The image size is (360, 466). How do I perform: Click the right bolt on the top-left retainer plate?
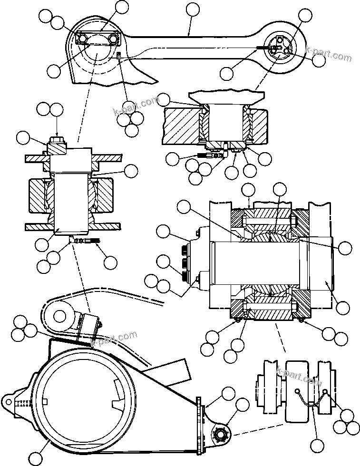tap(114, 38)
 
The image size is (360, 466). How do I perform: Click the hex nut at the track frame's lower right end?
tap(221, 434)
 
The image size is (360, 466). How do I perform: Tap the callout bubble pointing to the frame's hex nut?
tap(243, 406)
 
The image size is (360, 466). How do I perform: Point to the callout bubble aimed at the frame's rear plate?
tap(229, 393)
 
